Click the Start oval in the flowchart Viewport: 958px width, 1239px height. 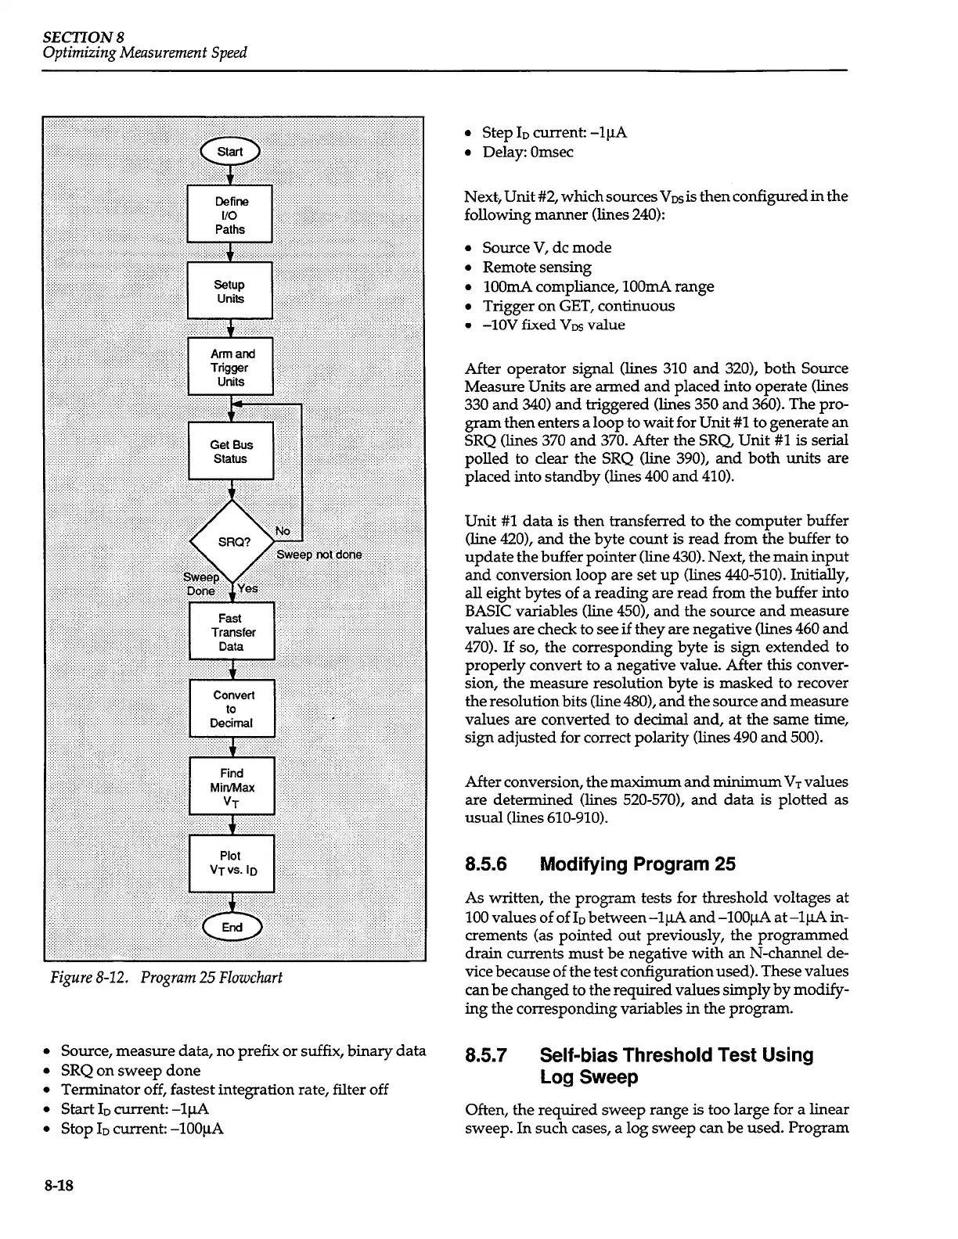tap(229, 152)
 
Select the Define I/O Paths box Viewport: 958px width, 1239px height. tap(230, 215)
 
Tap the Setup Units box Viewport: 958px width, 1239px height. tap(230, 291)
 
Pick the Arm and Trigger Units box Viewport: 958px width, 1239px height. tap(231, 367)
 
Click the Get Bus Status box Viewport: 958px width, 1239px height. tap(232, 451)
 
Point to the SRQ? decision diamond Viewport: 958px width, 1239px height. tap(232, 541)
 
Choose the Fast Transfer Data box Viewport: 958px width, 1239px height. tap(232, 632)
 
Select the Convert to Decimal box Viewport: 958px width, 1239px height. tap(232, 709)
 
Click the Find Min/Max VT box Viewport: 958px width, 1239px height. tap(232, 787)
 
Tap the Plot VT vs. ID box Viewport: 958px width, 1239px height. tap(232, 864)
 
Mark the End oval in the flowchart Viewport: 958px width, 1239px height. tap(232, 927)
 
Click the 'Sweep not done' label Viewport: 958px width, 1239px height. tap(319, 555)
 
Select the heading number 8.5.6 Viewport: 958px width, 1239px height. tap(486, 864)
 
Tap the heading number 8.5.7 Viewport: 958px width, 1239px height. tap(486, 1055)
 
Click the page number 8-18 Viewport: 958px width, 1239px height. tap(59, 1187)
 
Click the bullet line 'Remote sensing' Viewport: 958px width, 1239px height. tap(537, 267)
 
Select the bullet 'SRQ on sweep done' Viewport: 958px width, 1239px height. tap(131, 1070)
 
